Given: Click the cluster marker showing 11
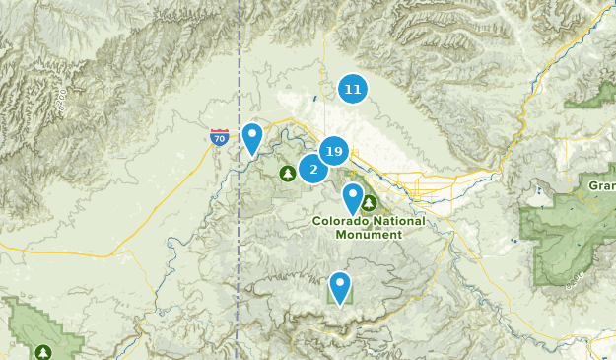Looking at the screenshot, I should [352, 90].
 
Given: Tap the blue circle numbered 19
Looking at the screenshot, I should [333, 151].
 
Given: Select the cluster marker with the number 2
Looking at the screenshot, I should [313, 169].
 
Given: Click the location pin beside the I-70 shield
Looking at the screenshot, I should [252, 139].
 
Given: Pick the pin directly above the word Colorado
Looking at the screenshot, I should [352, 199].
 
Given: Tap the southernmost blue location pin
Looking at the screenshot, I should [340, 288].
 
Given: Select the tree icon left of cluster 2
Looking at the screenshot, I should [287, 174].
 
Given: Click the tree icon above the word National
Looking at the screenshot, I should [369, 204].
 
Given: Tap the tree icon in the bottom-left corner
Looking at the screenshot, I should [42, 351].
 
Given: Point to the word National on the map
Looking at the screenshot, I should [400, 221].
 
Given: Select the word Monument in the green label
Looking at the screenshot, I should [369, 235].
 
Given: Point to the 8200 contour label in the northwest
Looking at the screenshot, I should [60, 98].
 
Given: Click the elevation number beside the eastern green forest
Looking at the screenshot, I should [575, 283].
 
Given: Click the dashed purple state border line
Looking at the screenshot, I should [239, 247].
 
